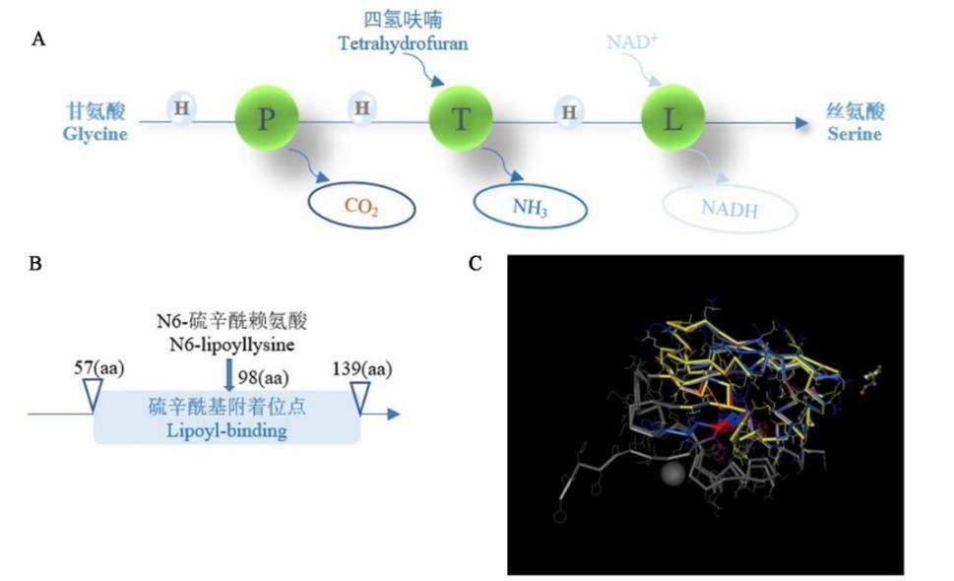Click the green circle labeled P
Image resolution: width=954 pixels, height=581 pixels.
click(x=265, y=120)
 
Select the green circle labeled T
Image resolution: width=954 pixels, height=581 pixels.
click(x=460, y=120)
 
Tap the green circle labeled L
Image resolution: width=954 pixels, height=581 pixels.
click(x=672, y=120)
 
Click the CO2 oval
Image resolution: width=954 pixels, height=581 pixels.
click(x=361, y=207)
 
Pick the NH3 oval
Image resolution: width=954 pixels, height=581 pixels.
click(x=530, y=206)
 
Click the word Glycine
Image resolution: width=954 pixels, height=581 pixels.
click(x=96, y=135)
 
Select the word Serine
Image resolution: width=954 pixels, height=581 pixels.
click(x=854, y=134)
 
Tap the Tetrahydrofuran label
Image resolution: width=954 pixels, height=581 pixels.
click(x=402, y=43)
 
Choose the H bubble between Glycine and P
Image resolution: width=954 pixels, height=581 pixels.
click(x=181, y=107)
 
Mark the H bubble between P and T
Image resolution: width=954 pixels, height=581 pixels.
click(x=361, y=107)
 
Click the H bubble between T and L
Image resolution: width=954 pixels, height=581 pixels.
click(x=568, y=111)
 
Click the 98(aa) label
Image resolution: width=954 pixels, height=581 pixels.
click(x=263, y=375)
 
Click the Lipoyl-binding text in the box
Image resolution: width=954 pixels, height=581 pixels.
click(x=227, y=431)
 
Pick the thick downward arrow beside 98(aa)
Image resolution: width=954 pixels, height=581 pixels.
click(x=229, y=375)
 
